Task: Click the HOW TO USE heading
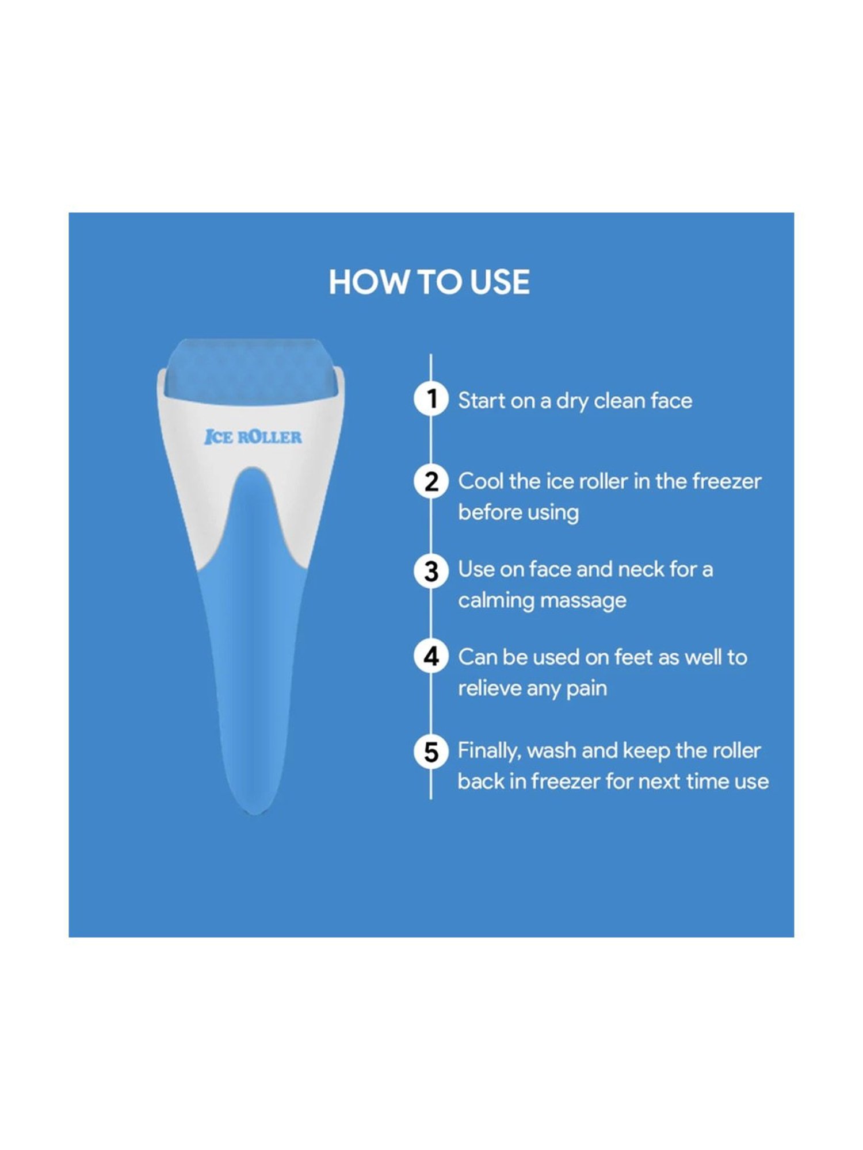coord(429,282)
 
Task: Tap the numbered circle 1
coord(431,398)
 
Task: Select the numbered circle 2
coord(431,481)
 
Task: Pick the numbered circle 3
coord(431,570)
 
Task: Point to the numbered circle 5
coord(431,752)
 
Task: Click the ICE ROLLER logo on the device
coord(253,437)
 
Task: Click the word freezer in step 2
coord(727,481)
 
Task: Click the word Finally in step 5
coord(489,751)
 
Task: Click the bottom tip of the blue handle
coord(255,813)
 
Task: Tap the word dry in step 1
coord(572,402)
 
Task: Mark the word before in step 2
coord(490,512)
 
